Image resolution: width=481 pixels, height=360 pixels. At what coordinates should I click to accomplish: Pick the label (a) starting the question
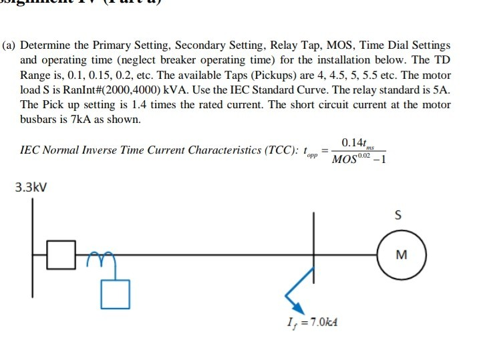click(x=9, y=45)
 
